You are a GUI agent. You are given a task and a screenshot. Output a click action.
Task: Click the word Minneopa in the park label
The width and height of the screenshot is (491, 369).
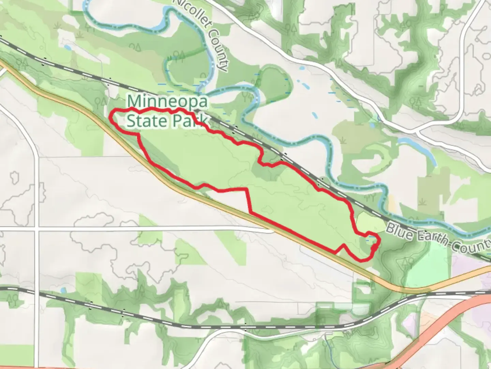(x=167, y=101)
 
